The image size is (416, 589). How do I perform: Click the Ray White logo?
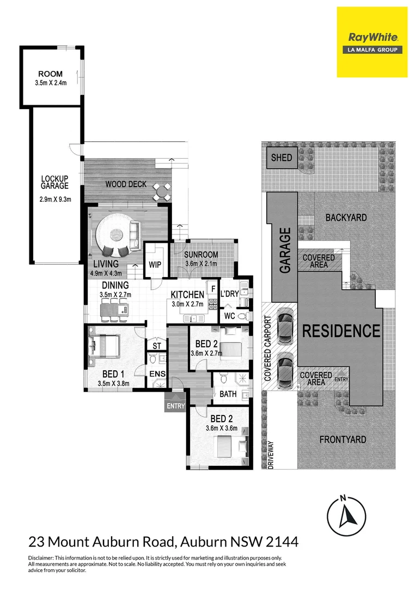click(372, 42)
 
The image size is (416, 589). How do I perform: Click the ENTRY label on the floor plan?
click(176, 406)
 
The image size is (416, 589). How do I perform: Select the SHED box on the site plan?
click(282, 158)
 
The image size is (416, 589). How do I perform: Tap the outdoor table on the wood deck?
click(161, 191)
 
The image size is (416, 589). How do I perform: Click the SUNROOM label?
click(201, 255)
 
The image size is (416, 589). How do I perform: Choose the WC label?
click(229, 316)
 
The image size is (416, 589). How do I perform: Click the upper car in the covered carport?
click(284, 327)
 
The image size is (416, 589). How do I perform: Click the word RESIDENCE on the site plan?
click(341, 330)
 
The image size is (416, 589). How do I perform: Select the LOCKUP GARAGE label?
click(55, 182)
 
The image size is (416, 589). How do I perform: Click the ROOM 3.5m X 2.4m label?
click(50, 78)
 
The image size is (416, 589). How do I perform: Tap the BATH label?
click(225, 393)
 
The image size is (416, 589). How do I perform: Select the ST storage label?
click(156, 346)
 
